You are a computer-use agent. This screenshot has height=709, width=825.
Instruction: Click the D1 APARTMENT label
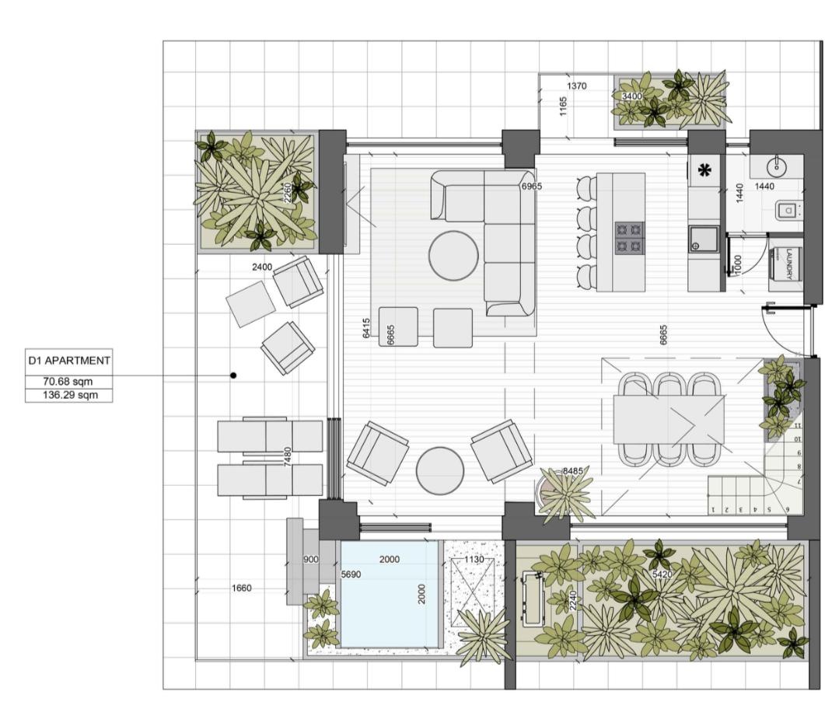(x=69, y=361)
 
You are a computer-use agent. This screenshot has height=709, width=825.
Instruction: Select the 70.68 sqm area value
(x=68, y=382)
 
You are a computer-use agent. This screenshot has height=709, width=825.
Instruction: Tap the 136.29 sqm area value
(x=70, y=394)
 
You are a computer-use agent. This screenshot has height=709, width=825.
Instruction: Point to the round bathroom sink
(x=775, y=167)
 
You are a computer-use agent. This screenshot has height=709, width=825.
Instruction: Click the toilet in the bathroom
(x=788, y=211)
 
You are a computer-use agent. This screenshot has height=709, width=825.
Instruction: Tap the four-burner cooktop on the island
(x=630, y=237)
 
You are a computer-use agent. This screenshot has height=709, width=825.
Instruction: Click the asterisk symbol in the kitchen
(x=704, y=170)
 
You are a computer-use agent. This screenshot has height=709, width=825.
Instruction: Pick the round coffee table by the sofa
(x=453, y=256)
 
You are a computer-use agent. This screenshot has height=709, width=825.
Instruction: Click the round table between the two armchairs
(x=440, y=471)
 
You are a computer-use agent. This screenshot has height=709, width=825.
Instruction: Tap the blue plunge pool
(x=390, y=593)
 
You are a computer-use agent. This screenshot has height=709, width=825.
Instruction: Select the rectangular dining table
(x=669, y=419)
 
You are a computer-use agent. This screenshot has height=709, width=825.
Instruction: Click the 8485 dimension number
(x=572, y=471)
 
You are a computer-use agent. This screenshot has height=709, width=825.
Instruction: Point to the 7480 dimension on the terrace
(x=287, y=456)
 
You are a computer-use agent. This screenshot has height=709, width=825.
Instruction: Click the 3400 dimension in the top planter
(x=632, y=96)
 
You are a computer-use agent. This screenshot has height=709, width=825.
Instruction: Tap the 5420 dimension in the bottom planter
(x=662, y=575)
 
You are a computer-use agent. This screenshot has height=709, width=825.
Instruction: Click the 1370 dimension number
(x=577, y=86)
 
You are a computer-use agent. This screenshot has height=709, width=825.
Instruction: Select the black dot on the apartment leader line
(x=233, y=375)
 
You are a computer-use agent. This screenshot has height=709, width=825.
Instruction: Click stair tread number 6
(x=788, y=509)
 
